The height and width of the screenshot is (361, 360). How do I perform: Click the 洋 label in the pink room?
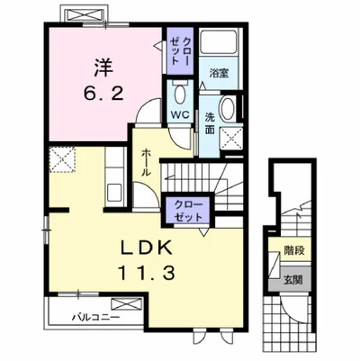coord(104,68)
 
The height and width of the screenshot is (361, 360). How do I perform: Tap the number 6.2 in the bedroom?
coord(103,94)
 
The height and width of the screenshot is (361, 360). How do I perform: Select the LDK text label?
coord(147,248)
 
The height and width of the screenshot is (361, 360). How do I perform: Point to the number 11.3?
coord(147,273)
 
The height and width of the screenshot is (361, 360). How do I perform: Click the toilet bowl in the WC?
coord(180,94)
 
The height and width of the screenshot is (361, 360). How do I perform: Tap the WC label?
coord(179,114)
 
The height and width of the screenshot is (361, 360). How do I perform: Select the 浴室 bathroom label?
coord(219,73)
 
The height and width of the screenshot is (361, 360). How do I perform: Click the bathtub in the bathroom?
coord(219,42)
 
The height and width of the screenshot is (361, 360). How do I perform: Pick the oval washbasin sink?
coord(228,109)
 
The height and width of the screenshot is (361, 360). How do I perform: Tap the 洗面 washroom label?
coord(210,123)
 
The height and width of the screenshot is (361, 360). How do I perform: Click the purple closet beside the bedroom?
coord(180,51)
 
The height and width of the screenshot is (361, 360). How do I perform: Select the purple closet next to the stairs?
coord(188,211)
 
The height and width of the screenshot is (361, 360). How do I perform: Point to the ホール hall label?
coord(146,162)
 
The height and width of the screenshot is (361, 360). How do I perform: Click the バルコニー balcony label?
coord(95,317)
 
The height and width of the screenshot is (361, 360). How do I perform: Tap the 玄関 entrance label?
coord(293,280)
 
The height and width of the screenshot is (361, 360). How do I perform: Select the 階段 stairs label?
coord(294,249)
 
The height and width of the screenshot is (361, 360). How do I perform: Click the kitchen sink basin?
coord(114,193)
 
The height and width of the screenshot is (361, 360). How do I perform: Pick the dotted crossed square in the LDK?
coord(62,159)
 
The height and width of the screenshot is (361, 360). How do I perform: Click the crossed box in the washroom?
coord(231,138)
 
